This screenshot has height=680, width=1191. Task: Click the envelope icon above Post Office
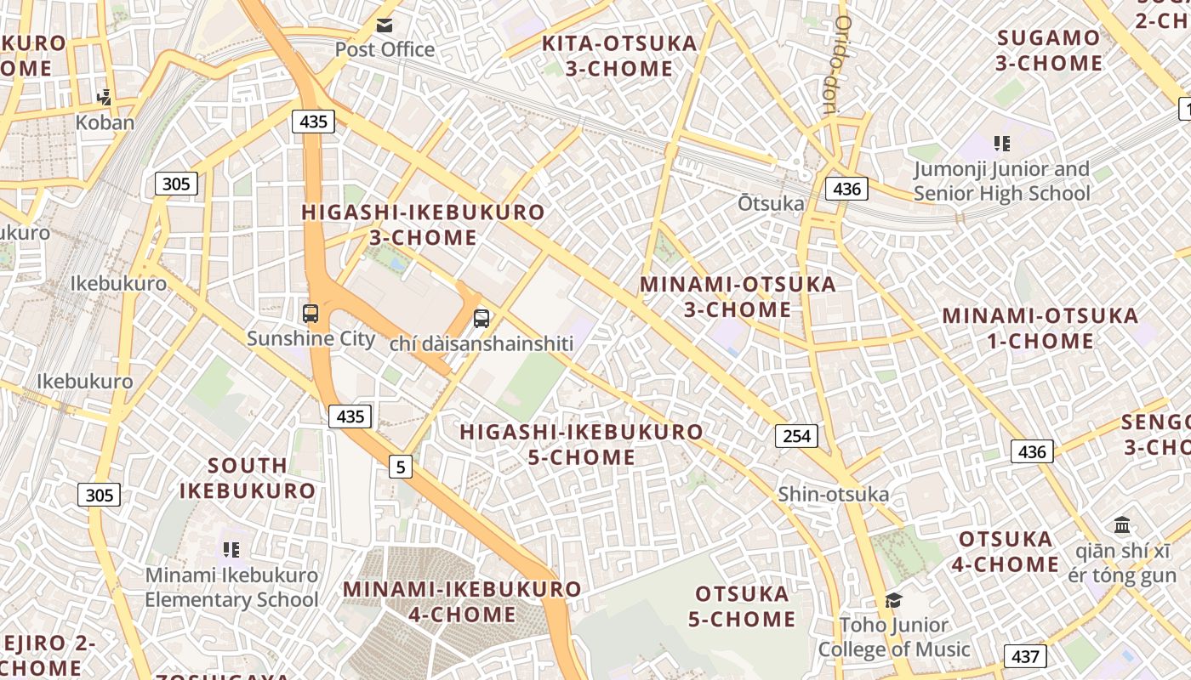click(385, 25)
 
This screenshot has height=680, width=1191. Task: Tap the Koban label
click(105, 122)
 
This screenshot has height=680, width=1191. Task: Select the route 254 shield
click(796, 436)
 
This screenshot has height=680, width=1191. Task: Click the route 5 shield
click(401, 466)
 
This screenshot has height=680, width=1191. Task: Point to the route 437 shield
click(1025, 656)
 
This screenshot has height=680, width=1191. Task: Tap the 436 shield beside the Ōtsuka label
click(846, 189)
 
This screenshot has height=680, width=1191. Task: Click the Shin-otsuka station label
click(833, 494)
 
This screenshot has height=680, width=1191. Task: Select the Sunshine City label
click(311, 338)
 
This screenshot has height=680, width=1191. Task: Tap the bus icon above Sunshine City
click(311, 314)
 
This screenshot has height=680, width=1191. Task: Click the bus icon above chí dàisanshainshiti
click(482, 319)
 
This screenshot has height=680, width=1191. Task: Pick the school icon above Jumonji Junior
click(1002, 144)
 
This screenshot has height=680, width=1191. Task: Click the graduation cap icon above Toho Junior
click(893, 601)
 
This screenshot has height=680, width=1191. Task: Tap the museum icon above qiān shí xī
click(1121, 524)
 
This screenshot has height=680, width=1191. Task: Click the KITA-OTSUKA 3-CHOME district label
click(619, 55)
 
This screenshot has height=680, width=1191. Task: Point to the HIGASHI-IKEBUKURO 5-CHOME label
click(582, 445)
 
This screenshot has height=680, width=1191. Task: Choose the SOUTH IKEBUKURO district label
click(248, 478)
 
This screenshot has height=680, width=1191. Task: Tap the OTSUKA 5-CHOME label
click(742, 606)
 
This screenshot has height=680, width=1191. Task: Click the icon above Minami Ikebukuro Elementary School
click(231, 550)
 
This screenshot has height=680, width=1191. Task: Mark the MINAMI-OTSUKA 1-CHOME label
click(1040, 328)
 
